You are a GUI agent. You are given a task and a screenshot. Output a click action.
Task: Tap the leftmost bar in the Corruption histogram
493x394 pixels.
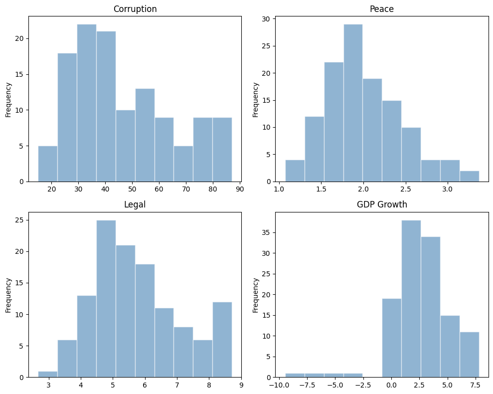coord(47,164)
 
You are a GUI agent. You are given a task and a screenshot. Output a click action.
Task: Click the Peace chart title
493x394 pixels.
coord(381,9)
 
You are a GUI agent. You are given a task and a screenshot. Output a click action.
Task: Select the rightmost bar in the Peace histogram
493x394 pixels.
coord(469,176)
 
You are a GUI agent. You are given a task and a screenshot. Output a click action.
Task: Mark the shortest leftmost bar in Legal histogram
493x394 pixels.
coord(47,374)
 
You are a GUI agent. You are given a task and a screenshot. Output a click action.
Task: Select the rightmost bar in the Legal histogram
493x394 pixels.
coord(222,340)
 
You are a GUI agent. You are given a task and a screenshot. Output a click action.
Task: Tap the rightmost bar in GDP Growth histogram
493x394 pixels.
coord(469,355)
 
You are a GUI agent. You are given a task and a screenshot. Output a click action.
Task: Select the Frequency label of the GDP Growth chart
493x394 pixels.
coord(256,295)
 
